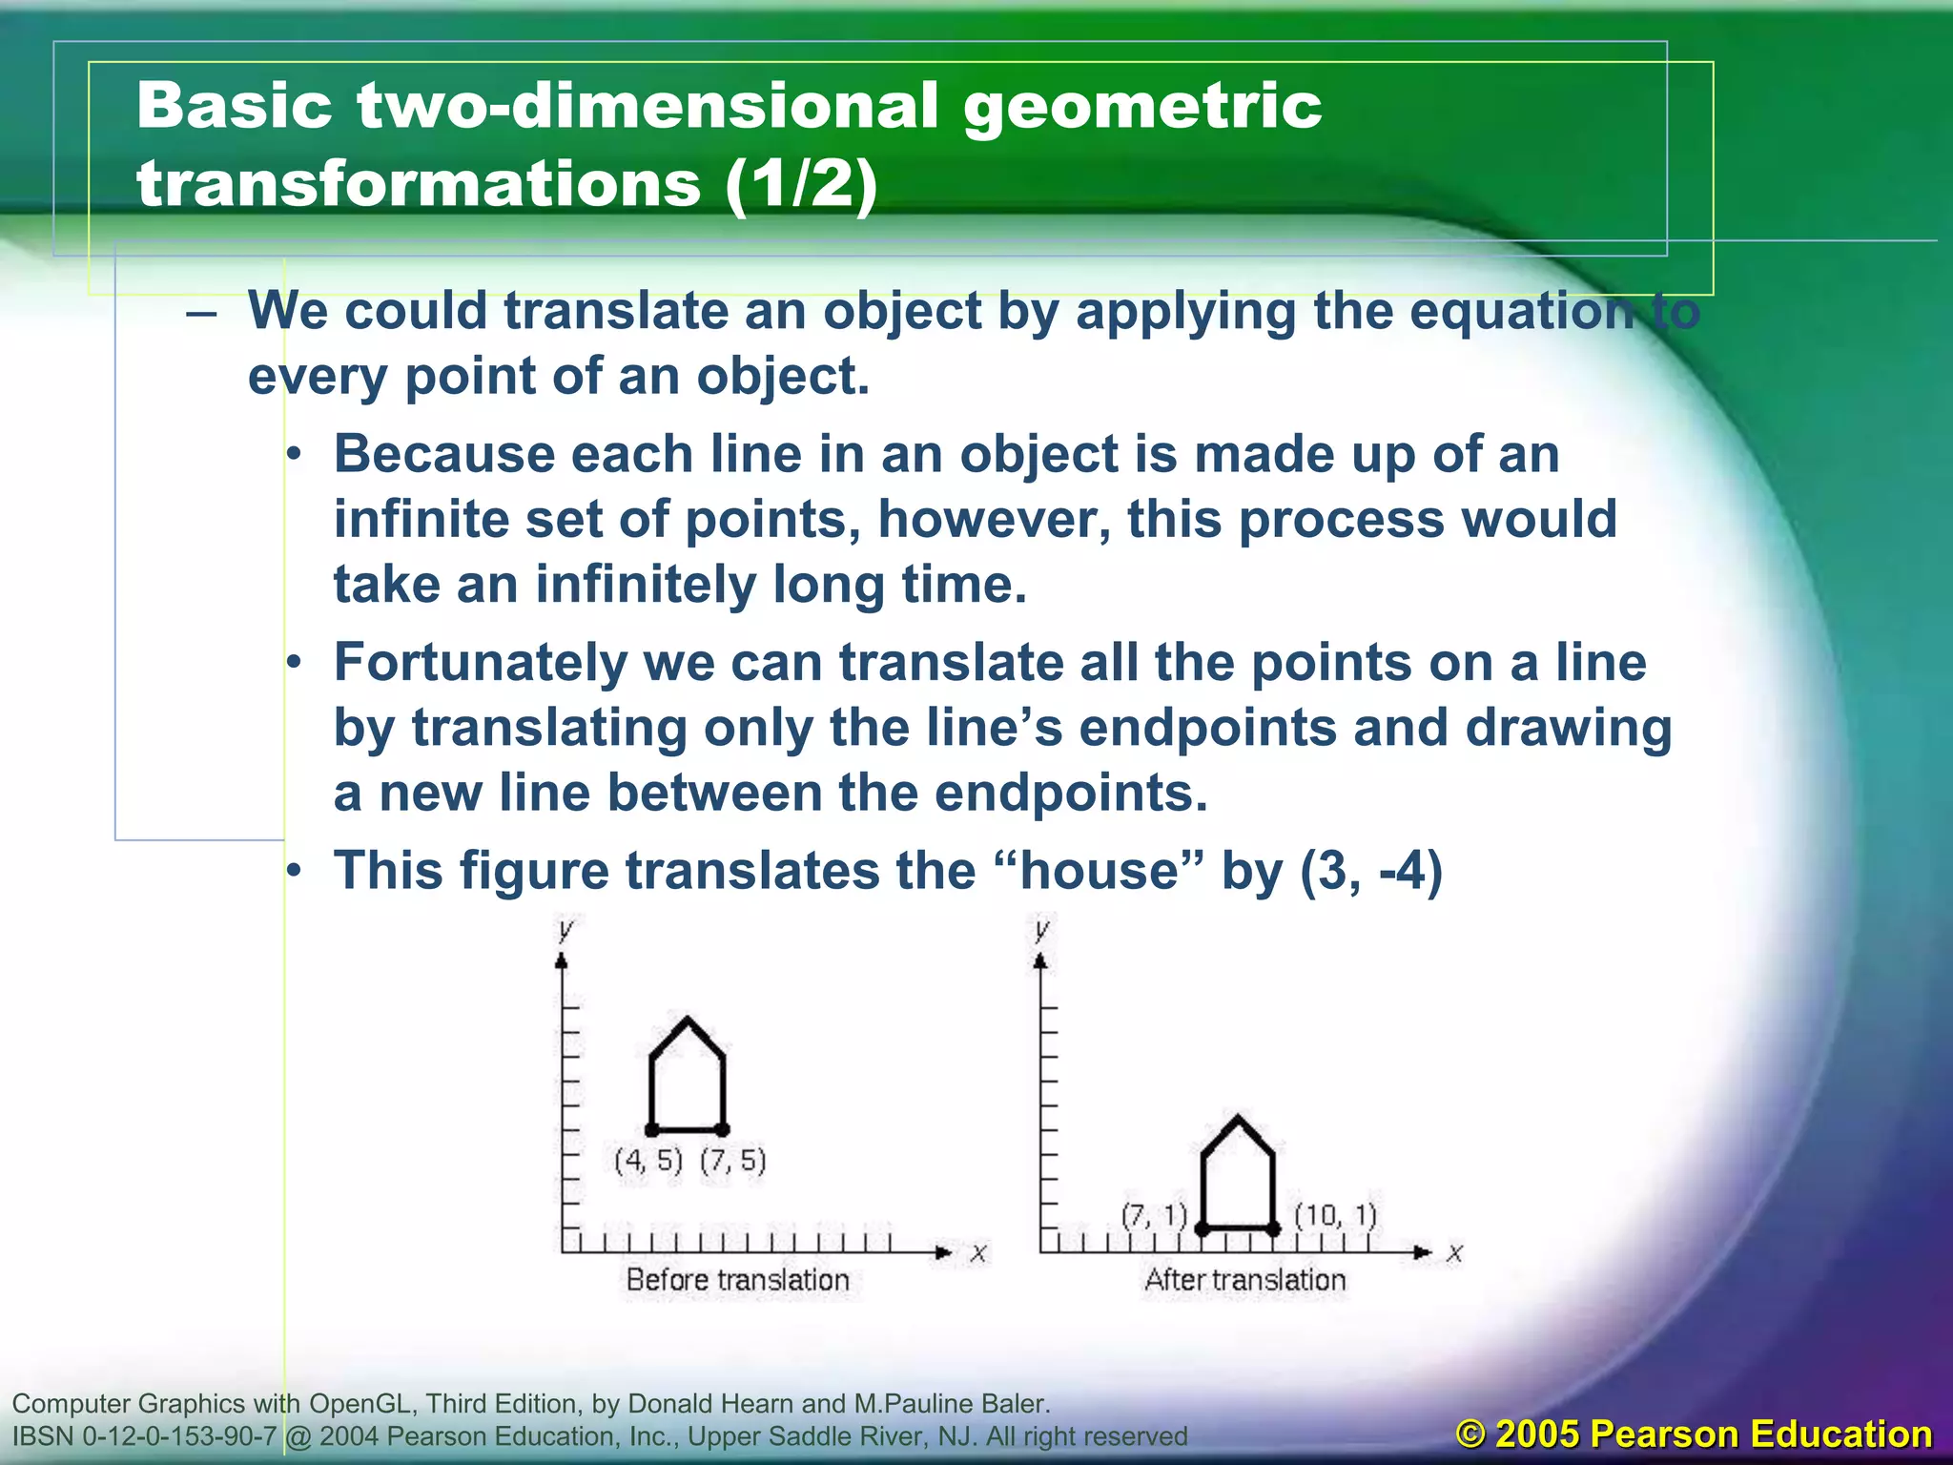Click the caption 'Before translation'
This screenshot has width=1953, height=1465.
coord(737,1280)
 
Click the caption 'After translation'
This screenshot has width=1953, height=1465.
coord(1244,1280)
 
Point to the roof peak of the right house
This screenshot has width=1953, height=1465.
coord(1238,1117)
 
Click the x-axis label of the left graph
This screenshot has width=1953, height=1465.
coord(978,1253)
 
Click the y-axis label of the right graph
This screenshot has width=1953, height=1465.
coord(1041,928)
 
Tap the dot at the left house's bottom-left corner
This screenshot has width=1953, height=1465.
coord(652,1130)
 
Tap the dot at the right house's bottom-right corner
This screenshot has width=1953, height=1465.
coord(1274,1229)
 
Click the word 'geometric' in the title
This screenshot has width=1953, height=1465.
coord(1141,107)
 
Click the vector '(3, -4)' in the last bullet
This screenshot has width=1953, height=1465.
coord(1371,871)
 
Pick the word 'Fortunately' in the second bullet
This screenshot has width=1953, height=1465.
coord(480,662)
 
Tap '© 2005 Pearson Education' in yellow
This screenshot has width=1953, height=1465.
coord(1694,1434)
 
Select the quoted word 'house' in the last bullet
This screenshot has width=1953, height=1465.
coord(1100,871)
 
